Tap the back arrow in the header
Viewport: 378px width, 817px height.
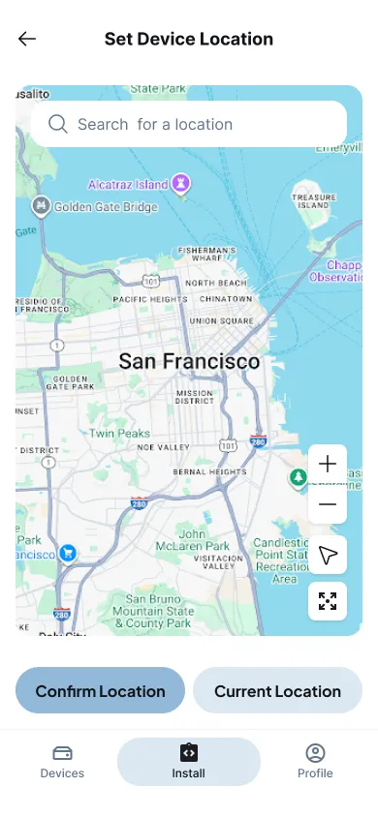(x=27, y=40)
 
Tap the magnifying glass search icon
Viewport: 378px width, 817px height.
(x=57, y=124)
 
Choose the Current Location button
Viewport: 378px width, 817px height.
(x=277, y=691)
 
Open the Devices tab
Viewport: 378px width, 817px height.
(x=62, y=761)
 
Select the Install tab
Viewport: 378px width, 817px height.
(x=189, y=761)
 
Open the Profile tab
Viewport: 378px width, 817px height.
(x=315, y=761)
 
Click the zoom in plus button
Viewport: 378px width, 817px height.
(x=328, y=464)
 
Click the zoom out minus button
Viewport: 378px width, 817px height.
(x=328, y=504)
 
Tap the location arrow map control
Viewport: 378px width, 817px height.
(x=328, y=555)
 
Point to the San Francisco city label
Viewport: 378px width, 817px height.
(x=189, y=362)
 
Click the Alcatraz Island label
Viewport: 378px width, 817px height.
(x=127, y=183)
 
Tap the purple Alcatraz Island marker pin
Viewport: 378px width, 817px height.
(x=180, y=183)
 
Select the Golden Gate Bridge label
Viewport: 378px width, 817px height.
(x=105, y=206)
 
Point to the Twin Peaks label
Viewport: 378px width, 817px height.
(x=119, y=434)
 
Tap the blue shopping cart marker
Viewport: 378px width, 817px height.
(x=68, y=553)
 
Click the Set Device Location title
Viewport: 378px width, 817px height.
(x=189, y=40)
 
